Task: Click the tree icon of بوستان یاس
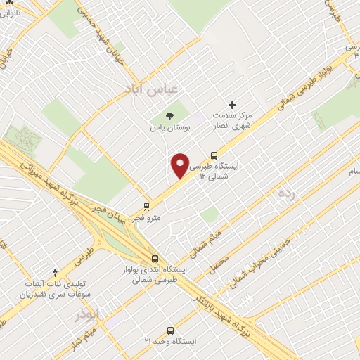point(169,116)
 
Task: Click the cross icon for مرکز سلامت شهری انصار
point(233,104)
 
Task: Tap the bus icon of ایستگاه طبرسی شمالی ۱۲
point(214,155)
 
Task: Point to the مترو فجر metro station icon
point(146,207)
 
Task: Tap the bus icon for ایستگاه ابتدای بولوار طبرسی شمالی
point(155,258)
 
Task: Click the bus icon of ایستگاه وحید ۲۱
point(170,330)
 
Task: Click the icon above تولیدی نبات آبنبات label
point(56,271)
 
